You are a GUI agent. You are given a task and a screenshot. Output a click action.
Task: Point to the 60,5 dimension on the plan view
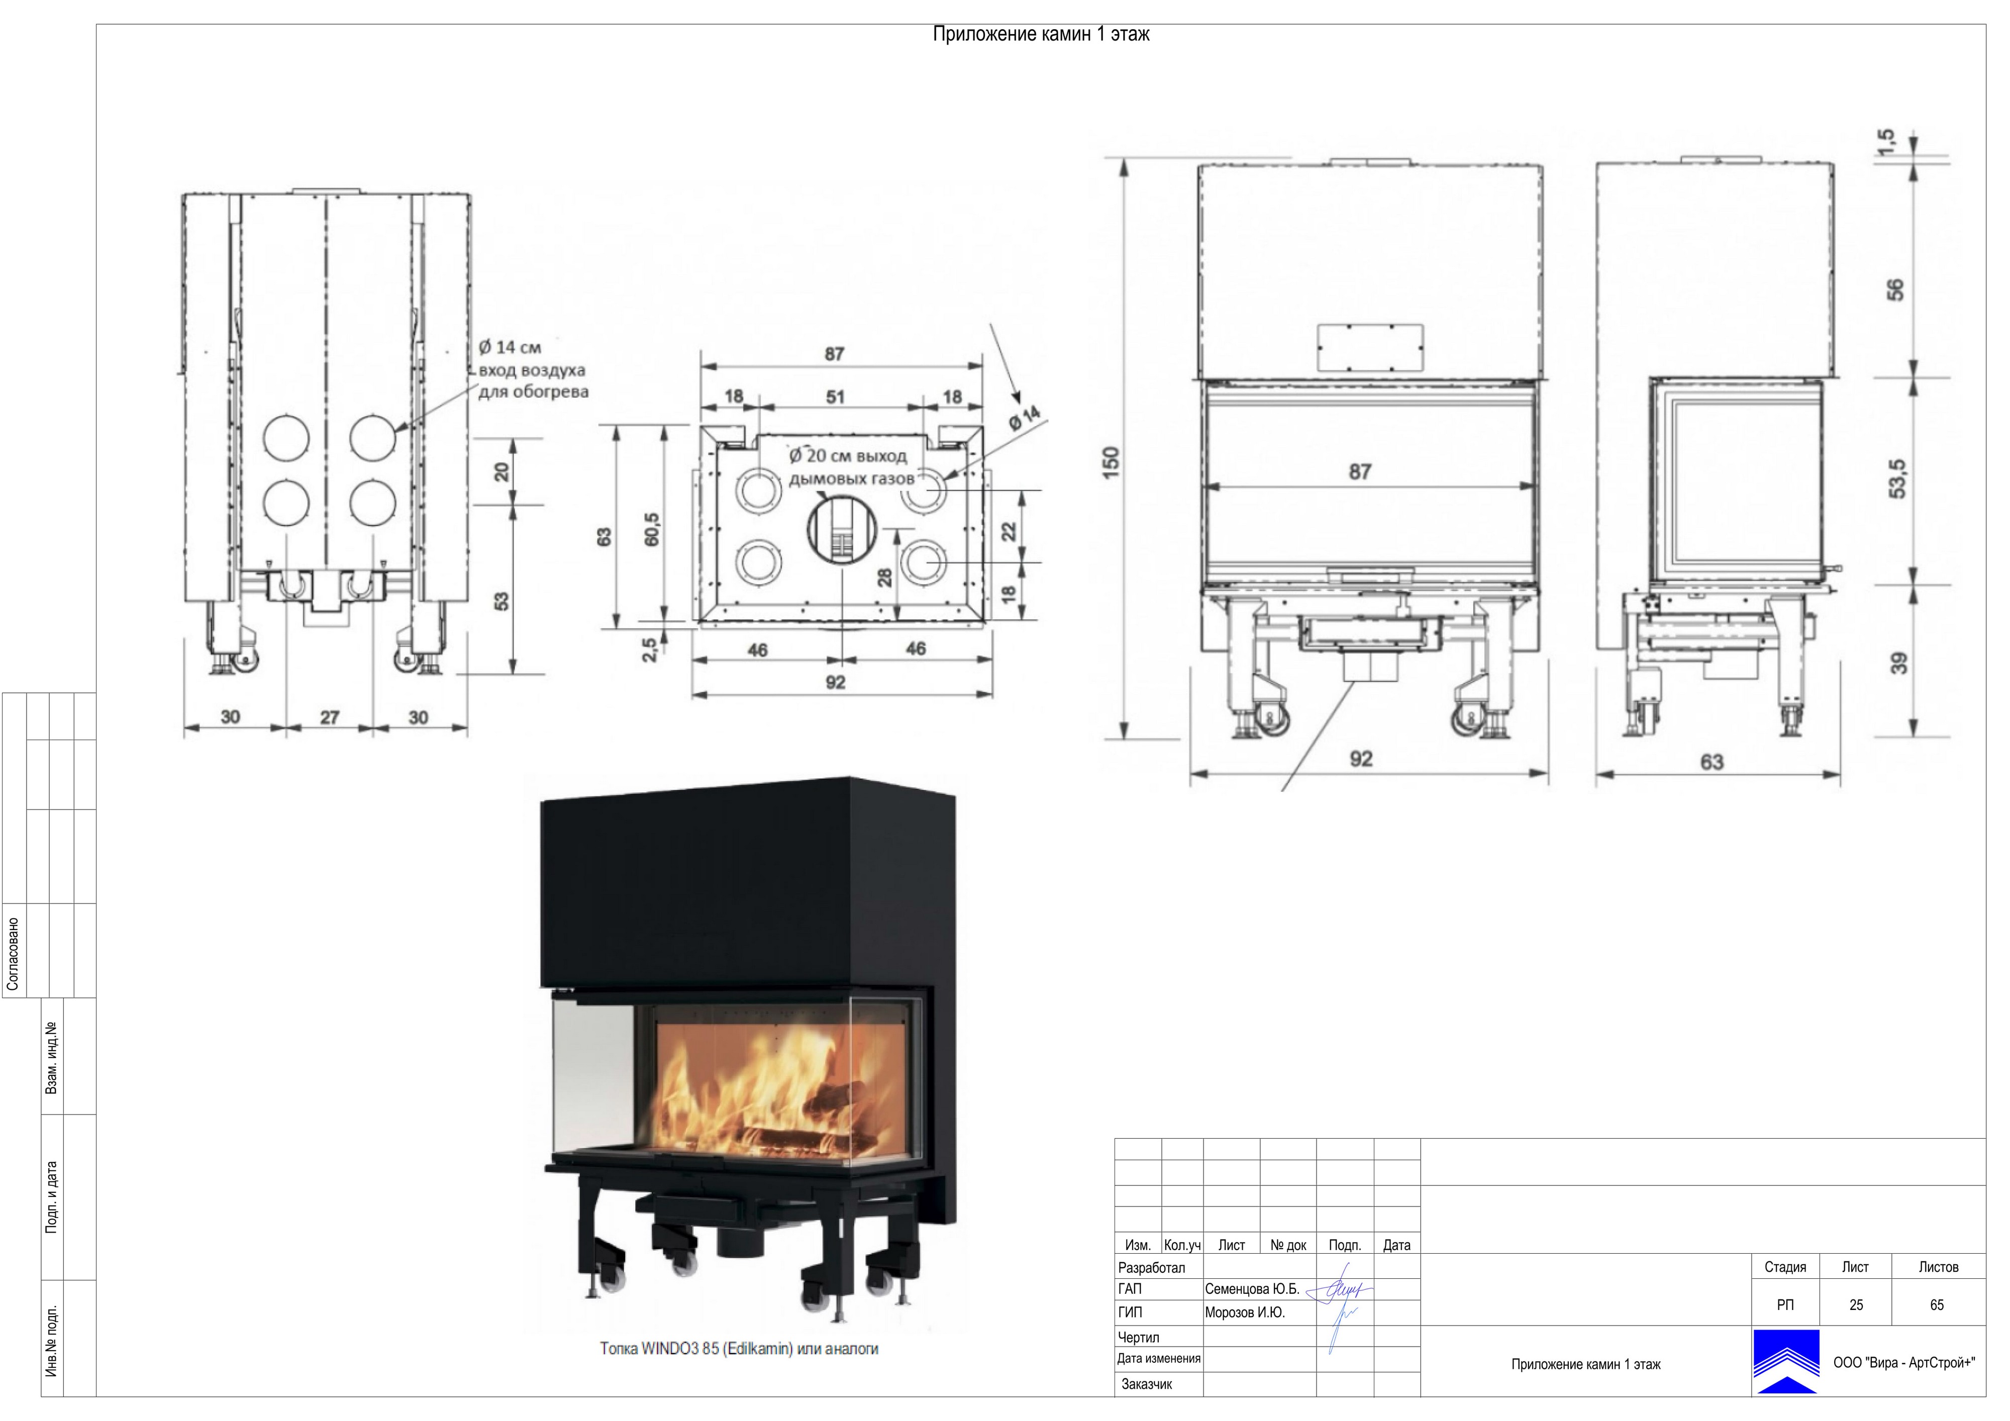click(x=650, y=530)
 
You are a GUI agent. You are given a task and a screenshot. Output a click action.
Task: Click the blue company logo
click(x=1786, y=1362)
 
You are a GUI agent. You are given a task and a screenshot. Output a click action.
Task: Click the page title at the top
click(x=1041, y=34)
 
